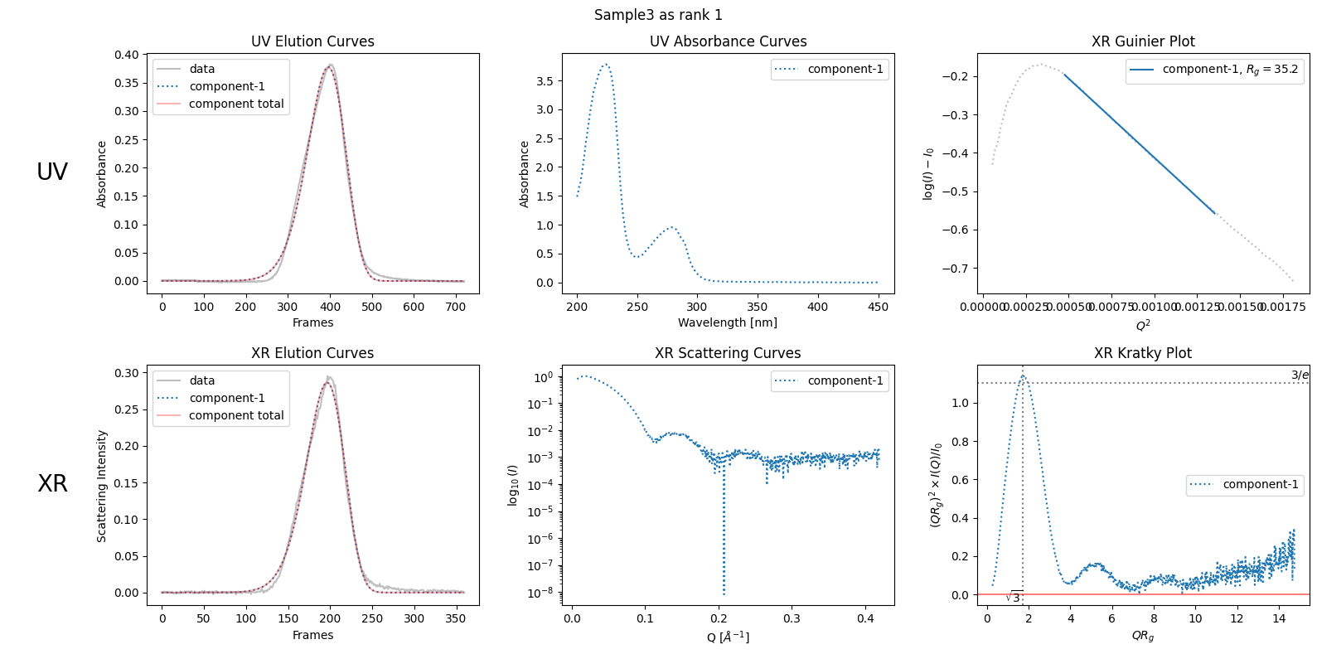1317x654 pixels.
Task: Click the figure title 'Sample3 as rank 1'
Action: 657,15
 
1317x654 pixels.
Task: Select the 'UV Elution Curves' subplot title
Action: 312,41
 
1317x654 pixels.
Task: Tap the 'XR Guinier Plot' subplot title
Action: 1143,41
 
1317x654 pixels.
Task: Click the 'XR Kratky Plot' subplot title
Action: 1142,353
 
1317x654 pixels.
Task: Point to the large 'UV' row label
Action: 52,172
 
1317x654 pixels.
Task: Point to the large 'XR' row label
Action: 52,483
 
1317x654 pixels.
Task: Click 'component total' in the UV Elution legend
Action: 236,104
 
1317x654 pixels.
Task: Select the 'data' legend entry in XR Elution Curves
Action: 201,380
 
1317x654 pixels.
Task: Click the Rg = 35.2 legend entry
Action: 1230,70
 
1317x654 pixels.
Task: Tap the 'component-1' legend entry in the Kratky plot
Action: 1260,485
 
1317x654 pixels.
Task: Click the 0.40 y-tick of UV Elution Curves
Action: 127,55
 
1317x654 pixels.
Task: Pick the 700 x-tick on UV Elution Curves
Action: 455,307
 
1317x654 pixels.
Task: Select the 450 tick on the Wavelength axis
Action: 878,307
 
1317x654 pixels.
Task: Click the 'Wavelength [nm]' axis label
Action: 728,322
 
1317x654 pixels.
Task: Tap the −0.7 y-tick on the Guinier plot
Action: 954,269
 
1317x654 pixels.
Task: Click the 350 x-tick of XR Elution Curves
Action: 455,618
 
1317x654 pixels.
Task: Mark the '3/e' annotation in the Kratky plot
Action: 1300,375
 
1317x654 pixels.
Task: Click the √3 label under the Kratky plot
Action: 1014,598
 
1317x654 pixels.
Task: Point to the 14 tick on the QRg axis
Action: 1279,618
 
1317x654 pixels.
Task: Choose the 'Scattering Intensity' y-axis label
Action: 102,486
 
